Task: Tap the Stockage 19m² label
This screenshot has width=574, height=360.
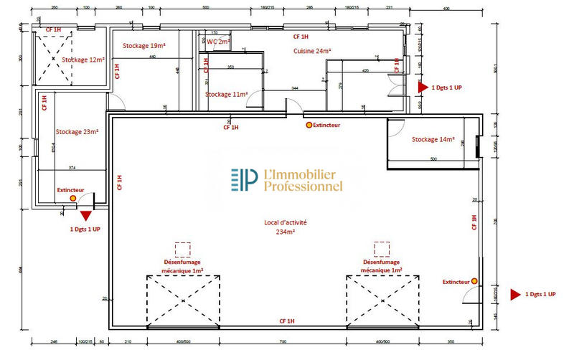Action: (x=144, y=45)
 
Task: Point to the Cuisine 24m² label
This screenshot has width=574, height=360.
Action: (x=312, y=51)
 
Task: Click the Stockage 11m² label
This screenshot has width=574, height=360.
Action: (x=227, y=94)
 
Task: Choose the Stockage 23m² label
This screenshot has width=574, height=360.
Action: (x=77, y=131)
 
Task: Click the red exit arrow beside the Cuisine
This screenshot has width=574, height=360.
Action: (x=423, y=86)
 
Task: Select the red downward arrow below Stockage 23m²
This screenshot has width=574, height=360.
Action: (x=86, y=214)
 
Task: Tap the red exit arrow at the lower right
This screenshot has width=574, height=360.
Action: (x=514, y=295)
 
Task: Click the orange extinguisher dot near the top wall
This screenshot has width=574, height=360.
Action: (x=309, y=125)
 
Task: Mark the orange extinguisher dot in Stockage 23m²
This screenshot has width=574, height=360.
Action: (x=72, y=197)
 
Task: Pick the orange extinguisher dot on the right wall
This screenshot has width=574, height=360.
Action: (x=474, y=281)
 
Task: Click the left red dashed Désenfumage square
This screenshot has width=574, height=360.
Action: (x=182, y=250)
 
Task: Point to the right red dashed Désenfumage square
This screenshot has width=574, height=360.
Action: (x=382, y=250)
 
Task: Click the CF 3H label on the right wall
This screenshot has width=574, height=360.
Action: (x=474, y=222)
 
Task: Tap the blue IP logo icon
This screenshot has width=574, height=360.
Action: (x=244, y=180)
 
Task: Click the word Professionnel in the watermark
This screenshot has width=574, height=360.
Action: (x=304, y=187)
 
